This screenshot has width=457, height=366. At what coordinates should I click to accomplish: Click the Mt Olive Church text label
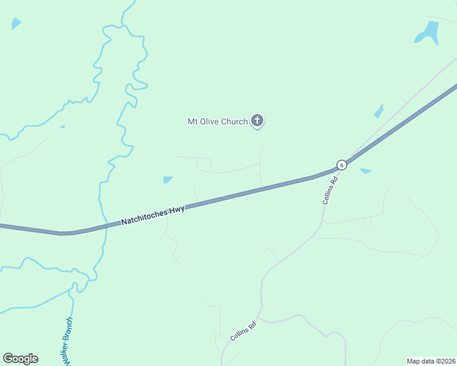click(x=218, y=121)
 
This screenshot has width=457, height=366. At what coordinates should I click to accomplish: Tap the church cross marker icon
click(x=257, y=121)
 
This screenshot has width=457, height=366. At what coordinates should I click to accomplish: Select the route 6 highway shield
click(x=342, y=165)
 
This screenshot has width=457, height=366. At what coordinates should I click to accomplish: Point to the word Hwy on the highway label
click(x=177, y=209)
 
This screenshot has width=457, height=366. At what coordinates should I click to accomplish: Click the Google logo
click(x=20, y=359)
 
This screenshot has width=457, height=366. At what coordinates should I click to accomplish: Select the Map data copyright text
click(x=431, y=361)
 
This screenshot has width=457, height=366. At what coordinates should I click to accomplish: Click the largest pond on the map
click(x=428, y=34)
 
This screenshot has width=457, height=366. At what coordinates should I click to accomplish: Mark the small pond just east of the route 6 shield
click(x=366, y=171)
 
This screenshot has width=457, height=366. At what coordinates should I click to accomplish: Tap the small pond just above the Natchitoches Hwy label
click(x=168, y=179)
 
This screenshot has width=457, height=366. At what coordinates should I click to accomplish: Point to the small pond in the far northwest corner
click(x=16, y=24)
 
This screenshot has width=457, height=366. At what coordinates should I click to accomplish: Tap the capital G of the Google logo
click(x=7, y=359)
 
